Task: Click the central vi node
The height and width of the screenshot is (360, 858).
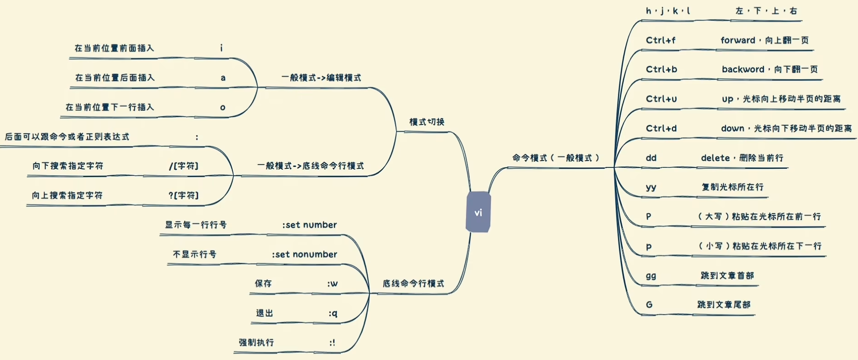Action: (x=478, y=212)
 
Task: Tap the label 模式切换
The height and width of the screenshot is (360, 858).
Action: (x=427, y=122)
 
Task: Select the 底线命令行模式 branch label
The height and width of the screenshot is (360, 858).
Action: (x=413, y=283)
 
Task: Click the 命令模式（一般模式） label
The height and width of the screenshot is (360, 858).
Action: (x=556, y=158)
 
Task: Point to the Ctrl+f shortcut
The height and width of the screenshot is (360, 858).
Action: (x=660, y=40)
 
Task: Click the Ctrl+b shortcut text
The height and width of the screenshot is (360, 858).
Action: (x=661, y=69)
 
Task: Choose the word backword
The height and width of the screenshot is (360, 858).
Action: (x=743, y=69)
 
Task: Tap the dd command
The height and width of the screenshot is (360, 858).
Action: (x=651, y=158)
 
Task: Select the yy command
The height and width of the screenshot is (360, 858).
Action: (x=651, y=188)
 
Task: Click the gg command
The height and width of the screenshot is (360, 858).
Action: (x=651, y=276)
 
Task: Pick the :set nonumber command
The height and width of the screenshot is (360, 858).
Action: (x=305, y=254)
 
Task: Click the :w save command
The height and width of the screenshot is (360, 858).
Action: (x=333, y=284)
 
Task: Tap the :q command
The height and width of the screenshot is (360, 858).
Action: (x=333, y=313)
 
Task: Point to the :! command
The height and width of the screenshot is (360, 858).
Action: (x=332, y=343)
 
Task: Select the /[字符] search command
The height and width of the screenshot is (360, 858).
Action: (x=184, y=166)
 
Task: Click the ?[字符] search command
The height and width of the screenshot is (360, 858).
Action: (x=184, y=195)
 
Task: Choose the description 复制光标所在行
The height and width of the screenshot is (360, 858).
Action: (x=733, y=187)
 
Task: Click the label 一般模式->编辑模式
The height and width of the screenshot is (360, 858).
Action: (x=321, y=78)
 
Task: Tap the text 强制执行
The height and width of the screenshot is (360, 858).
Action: (x=256, y=342)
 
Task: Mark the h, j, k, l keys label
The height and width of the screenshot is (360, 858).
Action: (x=668, y=11)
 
